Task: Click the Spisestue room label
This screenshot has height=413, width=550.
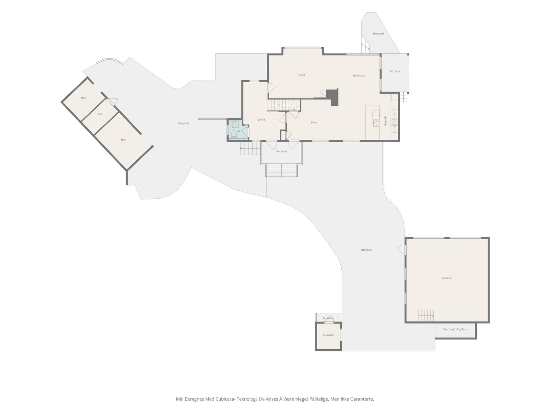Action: click(359, 75)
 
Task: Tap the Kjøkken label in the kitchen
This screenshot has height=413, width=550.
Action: click(385, 120)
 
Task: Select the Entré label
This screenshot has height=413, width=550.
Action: click(261, 120)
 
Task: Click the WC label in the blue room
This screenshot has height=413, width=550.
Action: click(239, 131)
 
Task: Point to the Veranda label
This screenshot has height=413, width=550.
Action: click(282, 151)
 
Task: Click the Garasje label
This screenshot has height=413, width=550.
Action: click(447, 278)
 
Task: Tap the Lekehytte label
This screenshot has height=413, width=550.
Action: click(329, 335)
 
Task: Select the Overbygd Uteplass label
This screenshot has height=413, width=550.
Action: click(454, 329)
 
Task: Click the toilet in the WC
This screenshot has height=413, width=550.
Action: click(233, 134)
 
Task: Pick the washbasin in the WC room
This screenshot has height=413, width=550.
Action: click(235, 124)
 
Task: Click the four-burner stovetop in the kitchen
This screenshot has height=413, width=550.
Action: click(394, 122)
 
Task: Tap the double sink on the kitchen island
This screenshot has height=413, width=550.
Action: click(376, 123)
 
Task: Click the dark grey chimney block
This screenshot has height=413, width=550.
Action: click(333, 97)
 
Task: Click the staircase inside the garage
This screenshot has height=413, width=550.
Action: click(426, 316)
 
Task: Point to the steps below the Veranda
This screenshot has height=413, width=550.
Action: click(282, 170)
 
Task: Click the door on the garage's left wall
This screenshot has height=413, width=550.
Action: click(402, 250)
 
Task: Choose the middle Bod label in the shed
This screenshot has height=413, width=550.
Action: click(100, 114)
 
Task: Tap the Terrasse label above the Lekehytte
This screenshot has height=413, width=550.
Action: click(328, 318)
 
